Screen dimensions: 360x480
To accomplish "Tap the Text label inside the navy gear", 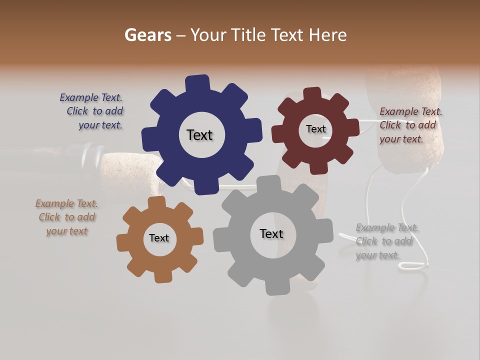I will (x=199, y=135).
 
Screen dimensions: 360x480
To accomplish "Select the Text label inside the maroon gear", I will (x=315, y=129).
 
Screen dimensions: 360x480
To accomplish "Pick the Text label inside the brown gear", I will (x=159, y=238).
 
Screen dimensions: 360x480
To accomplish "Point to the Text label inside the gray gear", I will (x=271, y=233).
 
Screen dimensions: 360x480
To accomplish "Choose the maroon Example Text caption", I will (x=410, y=125).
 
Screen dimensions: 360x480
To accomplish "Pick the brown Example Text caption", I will (x=67, y=217).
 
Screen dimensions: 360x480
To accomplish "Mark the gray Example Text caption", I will (x=386, y=241).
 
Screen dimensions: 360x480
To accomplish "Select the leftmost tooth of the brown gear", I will (x=123, y=242).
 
